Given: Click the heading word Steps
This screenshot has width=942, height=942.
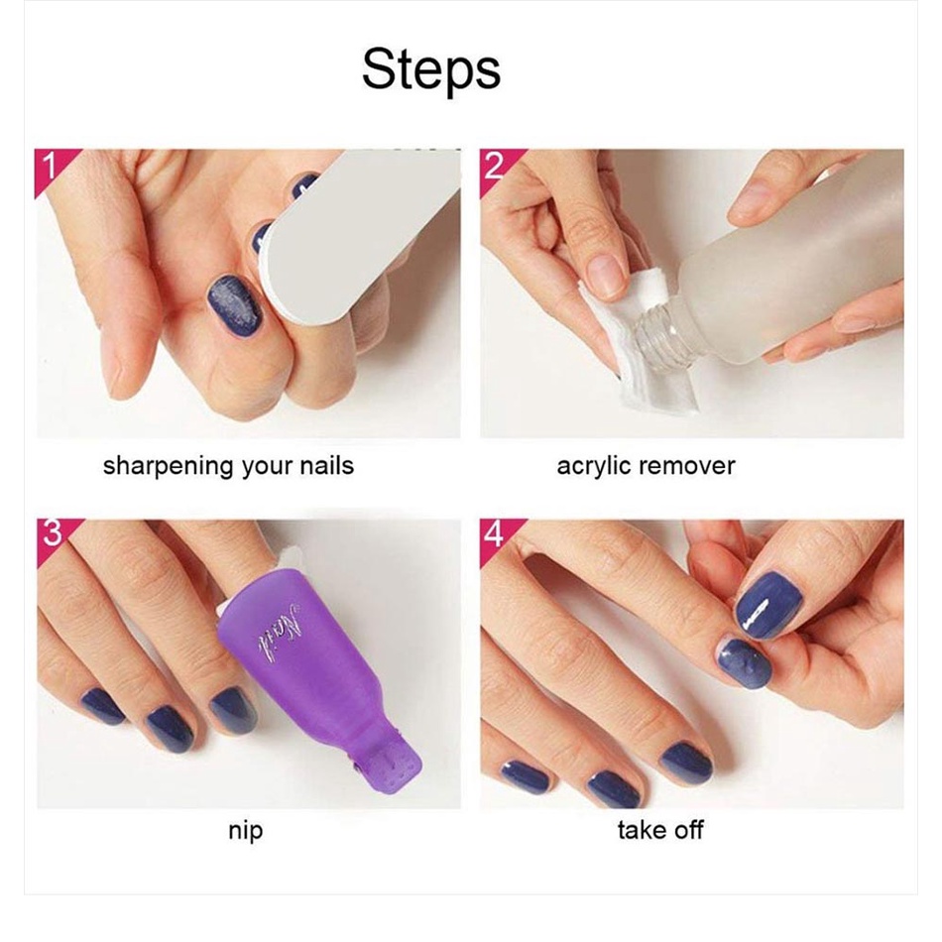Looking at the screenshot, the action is click(x=430, y=70).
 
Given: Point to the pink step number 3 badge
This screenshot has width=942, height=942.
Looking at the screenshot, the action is click(x=51, y=535).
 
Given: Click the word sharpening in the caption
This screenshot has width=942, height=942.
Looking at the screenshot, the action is click(x=169, y=467).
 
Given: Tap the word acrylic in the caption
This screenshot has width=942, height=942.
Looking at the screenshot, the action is click(x=593, y=467).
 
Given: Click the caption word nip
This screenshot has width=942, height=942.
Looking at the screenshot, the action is click(x=245, y=832).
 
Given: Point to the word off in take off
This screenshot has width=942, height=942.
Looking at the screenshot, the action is click(x=687, y=830).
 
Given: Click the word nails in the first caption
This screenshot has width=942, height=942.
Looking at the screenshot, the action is click(x=327, y=466).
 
